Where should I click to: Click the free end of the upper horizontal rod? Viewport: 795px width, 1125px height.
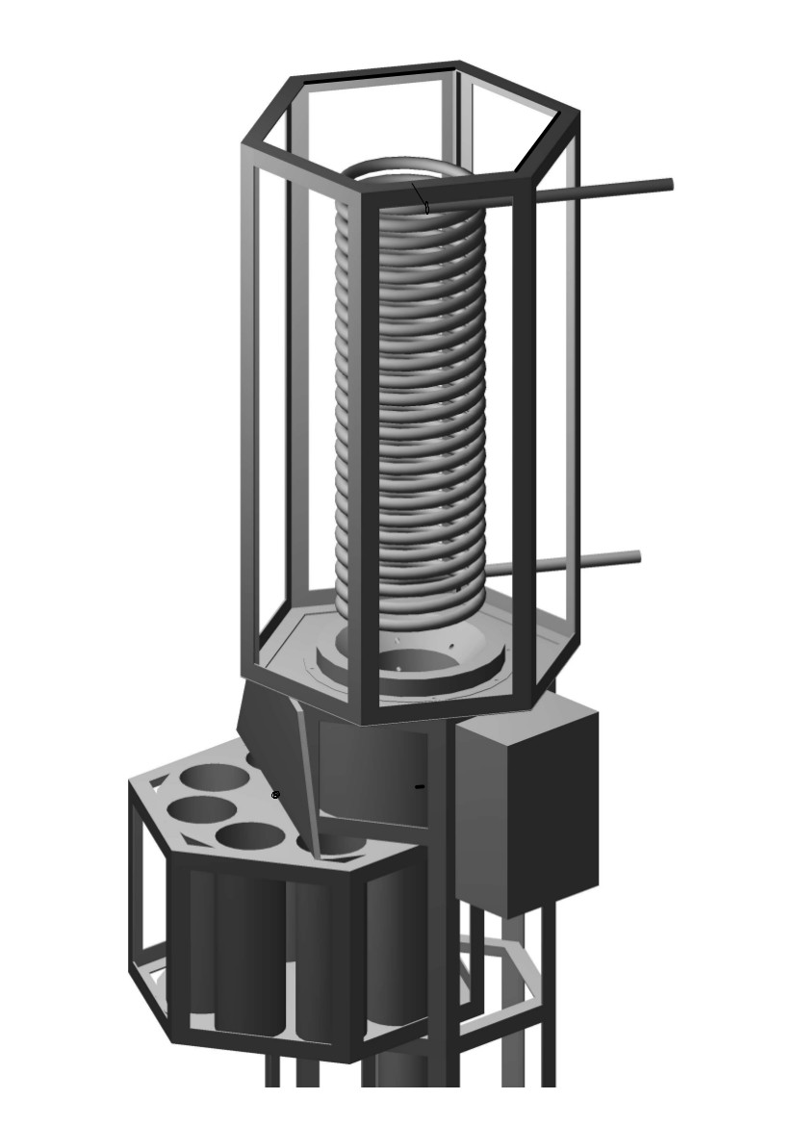click(x=667, y=184)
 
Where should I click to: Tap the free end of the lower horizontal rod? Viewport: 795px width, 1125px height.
click(x=635, y=556)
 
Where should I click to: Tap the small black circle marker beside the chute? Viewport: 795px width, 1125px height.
click(x=275, y=795)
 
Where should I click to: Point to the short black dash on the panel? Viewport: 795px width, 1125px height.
click(x=419, y=787)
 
